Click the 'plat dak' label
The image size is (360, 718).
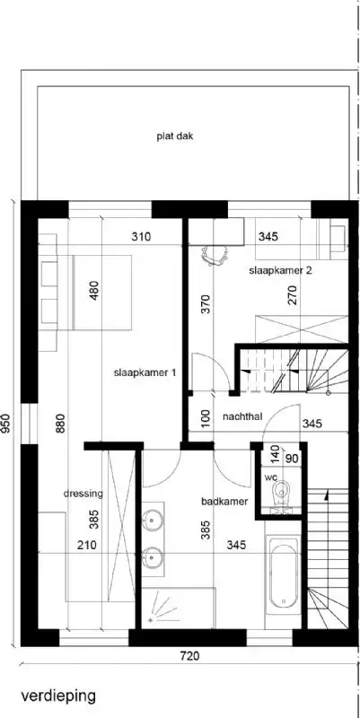pyautogui.click(x=174, y=137)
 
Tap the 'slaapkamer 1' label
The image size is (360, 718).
pyautogui.click(x=145, y=372)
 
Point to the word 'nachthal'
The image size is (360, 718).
pyautogui.click(x=242, y=417)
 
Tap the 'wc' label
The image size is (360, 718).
pyautogui.click(x=271, y=477)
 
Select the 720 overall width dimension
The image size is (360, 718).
pyautogui.click(x=188, y=657)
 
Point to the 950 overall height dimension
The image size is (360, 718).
pyautogui.click(x=8, y=423)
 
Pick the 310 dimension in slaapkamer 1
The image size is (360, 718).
pyautogui.click(x=139, y=238)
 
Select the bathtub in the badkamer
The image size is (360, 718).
pyautogui.click(x=282, y=572)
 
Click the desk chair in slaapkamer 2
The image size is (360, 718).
pyautogui.click(x=214, y=254)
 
